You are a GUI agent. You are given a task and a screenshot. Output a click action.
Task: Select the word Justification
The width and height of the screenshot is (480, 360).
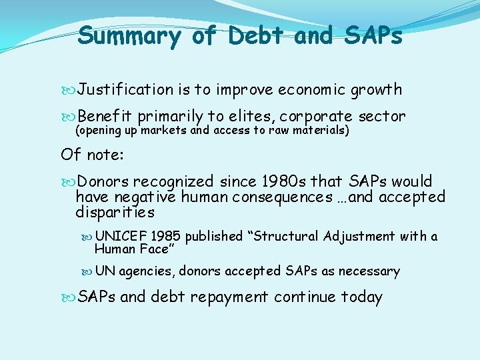[125, 89]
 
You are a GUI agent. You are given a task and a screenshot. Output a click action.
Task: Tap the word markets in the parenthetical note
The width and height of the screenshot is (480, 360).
[163, 130]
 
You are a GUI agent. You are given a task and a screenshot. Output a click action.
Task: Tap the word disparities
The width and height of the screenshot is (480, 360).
[115, 212]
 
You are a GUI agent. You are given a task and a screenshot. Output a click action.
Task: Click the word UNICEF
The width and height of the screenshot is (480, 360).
[121, 236]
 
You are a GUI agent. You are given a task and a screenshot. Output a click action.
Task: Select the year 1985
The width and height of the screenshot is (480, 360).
[166, 236]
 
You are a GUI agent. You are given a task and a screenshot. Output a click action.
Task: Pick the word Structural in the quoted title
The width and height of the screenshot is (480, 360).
[287, 236]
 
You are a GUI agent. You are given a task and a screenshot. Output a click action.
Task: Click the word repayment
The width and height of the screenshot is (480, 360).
[229, 297]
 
